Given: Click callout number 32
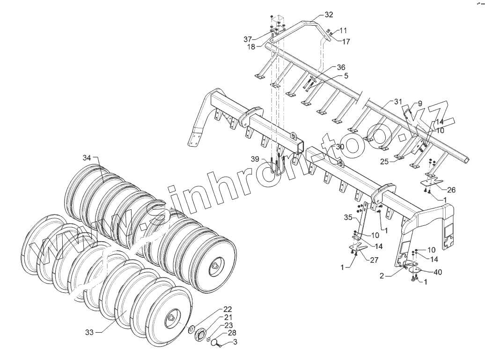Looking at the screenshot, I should (328, 15).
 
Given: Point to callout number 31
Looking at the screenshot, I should (398, 102).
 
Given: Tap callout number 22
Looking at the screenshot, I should (228, 310).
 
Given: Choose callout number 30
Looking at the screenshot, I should (340, 146).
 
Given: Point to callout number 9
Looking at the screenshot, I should (419, 103).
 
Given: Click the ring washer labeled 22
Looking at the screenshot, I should (192, 330).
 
